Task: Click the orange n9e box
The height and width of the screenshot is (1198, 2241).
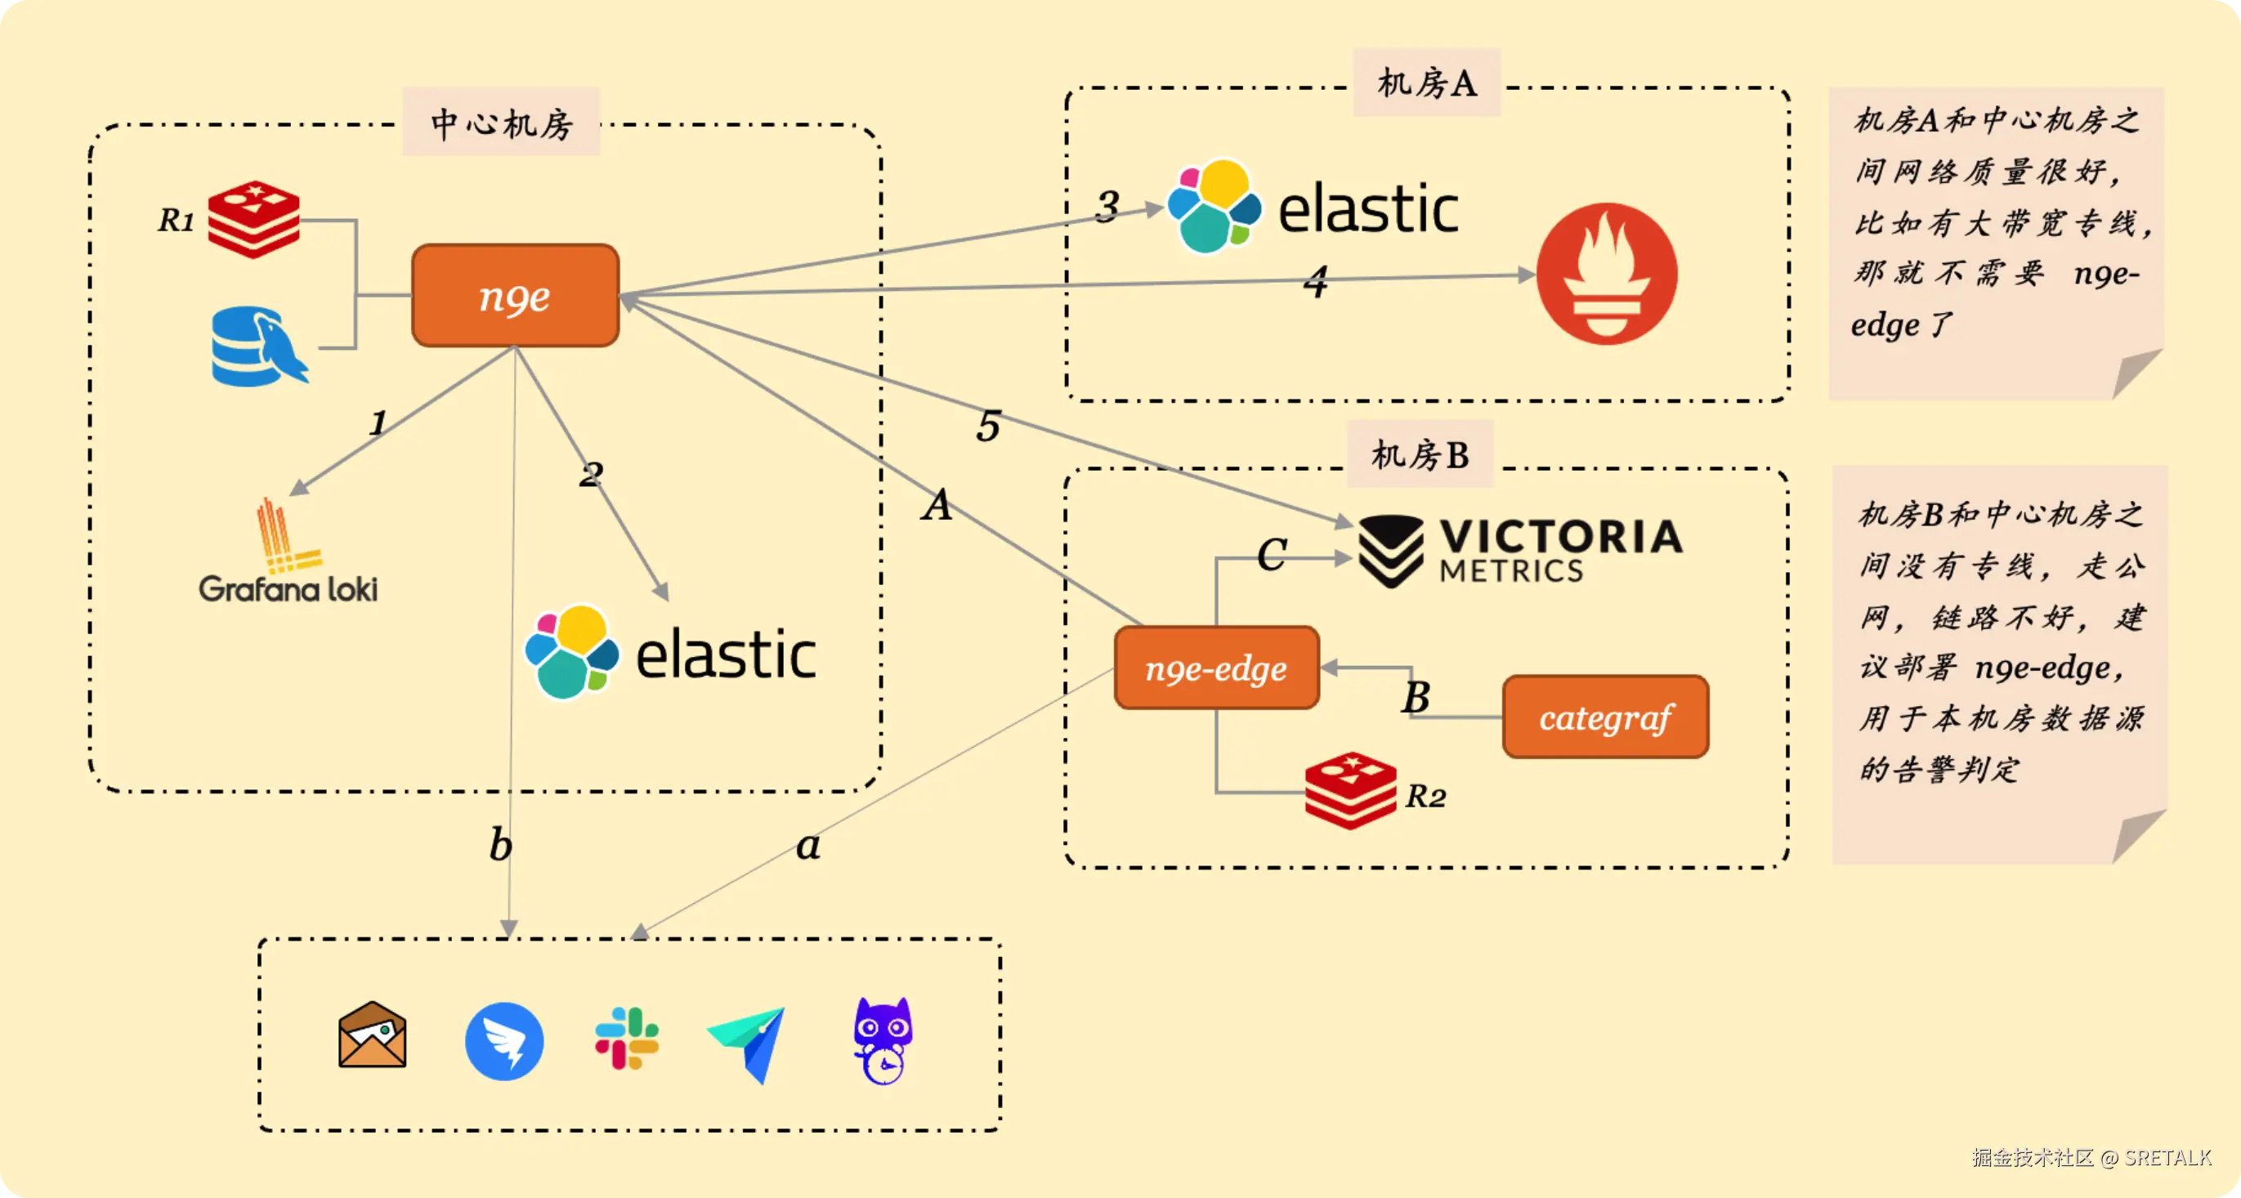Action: point(515,296)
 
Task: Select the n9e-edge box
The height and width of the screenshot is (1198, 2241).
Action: point(1216,668)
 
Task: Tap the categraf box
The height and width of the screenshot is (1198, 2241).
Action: point(1605,717)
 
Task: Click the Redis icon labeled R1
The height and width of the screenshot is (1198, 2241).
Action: point(254,219)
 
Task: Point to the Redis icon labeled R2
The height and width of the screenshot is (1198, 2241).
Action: point(1350,790)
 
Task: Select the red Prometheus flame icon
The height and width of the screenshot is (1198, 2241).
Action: point(1606,274)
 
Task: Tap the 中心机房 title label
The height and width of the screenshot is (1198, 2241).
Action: point(501,123)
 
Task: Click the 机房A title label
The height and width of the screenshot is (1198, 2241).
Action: point(1426,83)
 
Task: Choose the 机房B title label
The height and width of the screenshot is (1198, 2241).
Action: point(1420,454)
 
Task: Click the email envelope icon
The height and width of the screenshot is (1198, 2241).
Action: point(373,1035)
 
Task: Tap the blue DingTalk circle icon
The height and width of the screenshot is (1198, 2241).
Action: point(503,1040)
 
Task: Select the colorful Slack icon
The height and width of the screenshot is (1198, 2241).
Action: point(626,1038)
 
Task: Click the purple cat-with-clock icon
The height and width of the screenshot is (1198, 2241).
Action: point(883,1040)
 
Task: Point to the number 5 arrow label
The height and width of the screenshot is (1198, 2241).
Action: point(987,427)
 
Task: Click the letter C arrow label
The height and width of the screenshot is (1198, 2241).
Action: point(1271,554)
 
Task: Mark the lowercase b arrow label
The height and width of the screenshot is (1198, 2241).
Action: point(500,845)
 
